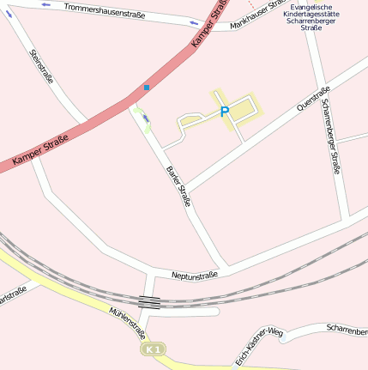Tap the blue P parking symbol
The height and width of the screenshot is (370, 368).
tap(225, 112)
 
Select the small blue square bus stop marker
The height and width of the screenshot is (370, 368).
tap(147, 88)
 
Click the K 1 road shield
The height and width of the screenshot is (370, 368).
tap(154, 350)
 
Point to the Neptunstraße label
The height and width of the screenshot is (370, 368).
tap(195, 275)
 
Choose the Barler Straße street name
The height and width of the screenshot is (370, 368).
tap(178, 185)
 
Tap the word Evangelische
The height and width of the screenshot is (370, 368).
tap(315, 7)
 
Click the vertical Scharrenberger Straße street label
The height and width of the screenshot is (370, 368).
tap(330, 136)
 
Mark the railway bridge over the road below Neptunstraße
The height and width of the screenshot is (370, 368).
tap(149, 301)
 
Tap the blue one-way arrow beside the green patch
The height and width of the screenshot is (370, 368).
tap(146, 118)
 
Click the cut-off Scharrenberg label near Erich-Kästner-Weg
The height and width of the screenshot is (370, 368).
tap(347, 329)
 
